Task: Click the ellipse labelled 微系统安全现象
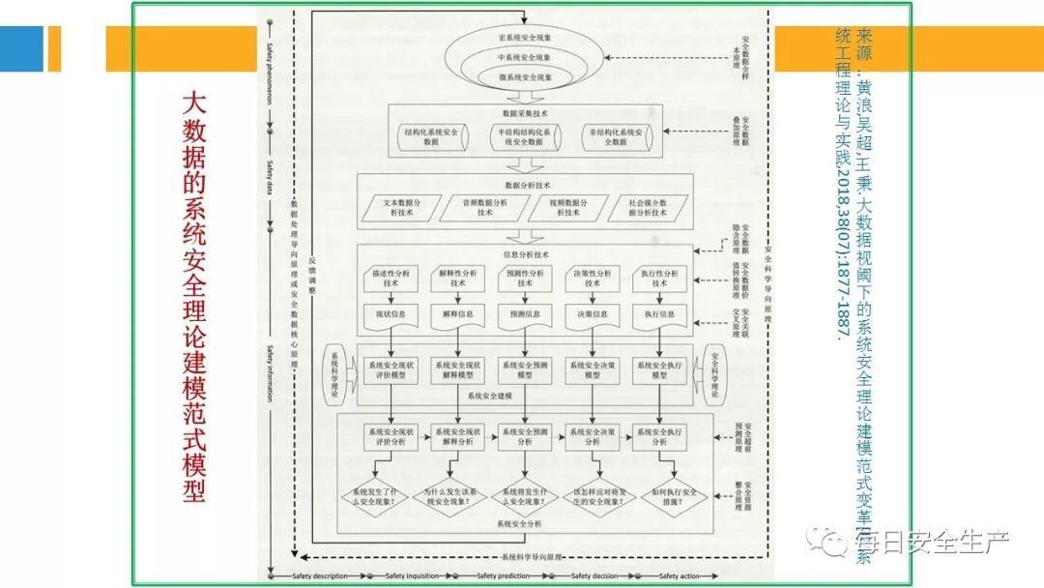pos(525,76)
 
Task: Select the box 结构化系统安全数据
pos(430,136)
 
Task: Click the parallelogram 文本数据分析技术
pos(398,208)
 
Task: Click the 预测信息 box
pos(525,314)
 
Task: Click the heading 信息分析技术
pos(525,255)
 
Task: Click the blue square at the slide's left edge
pos(21,48)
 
